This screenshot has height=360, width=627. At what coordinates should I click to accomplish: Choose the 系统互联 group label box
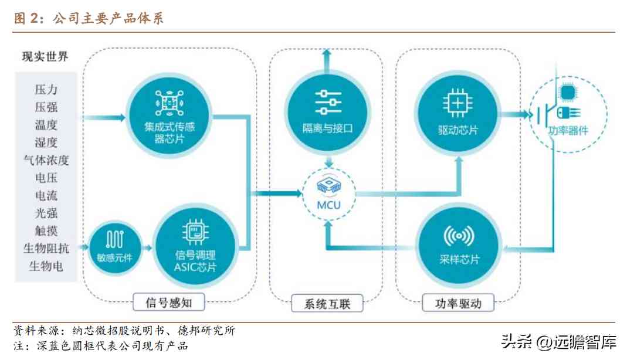327,304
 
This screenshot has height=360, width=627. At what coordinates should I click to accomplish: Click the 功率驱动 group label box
458,303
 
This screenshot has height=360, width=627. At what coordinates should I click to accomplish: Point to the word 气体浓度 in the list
46,160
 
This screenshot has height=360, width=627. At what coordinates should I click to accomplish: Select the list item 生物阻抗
46,249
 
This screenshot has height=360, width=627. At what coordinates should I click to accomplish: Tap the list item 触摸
46,231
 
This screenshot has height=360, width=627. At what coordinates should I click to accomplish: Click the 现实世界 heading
45,57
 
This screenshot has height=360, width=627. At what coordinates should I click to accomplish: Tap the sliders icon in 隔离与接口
328,102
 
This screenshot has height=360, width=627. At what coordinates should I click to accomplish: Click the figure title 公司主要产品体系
108,18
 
